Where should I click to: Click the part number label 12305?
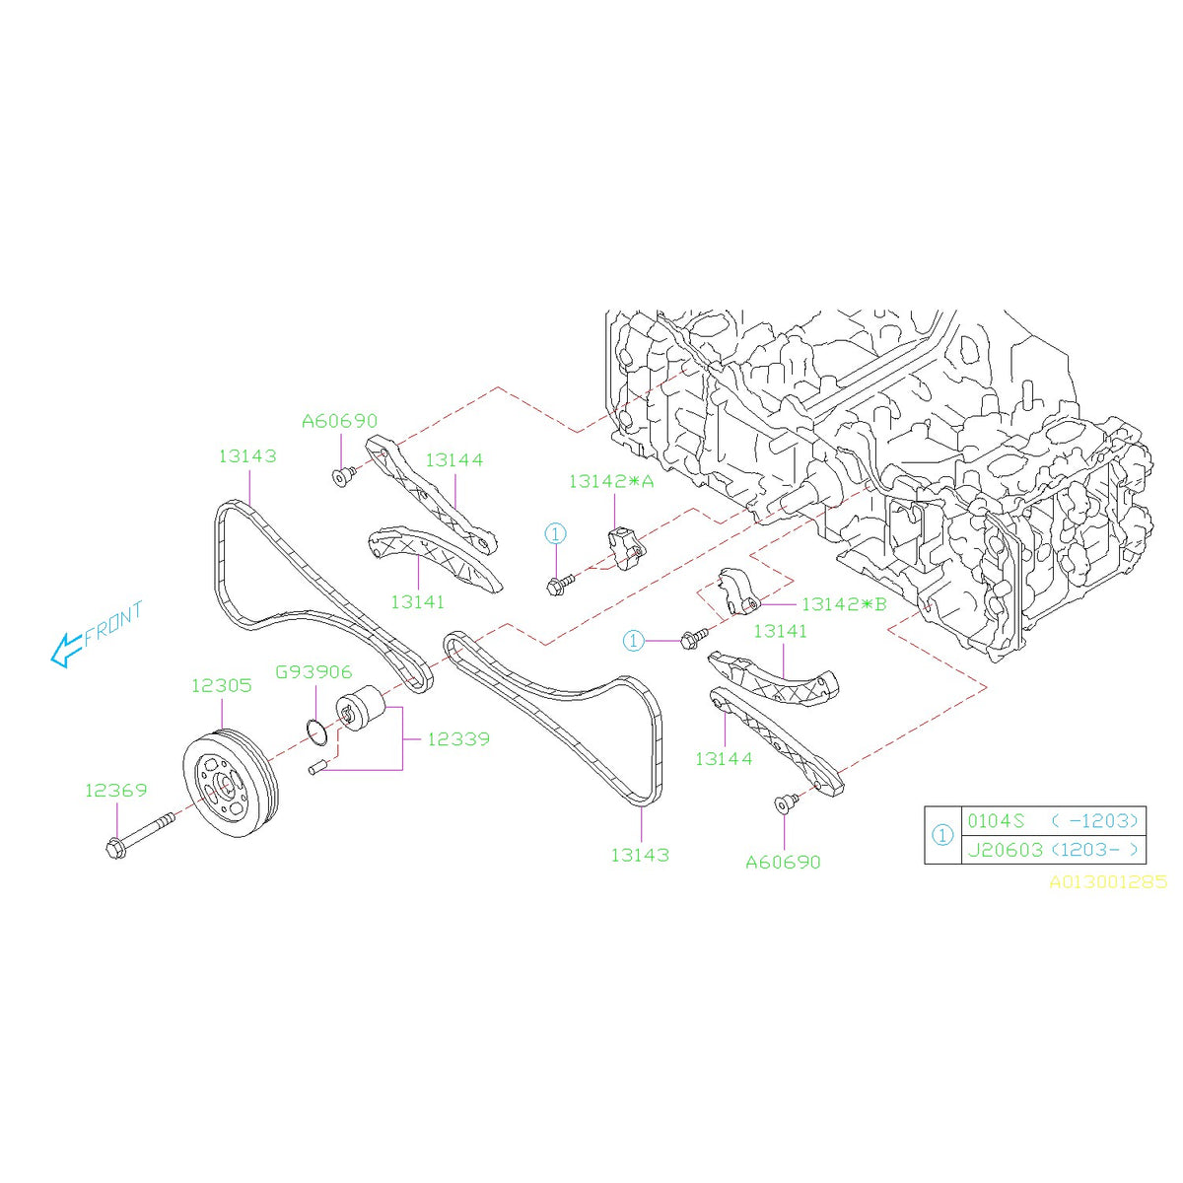click(x=221, y=685)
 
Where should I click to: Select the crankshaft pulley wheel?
click(x=233, y=776)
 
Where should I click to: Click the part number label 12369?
click(x=115, y=790)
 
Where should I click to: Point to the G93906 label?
click(x=313, y=672)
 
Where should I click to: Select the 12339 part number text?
click(x=457, y=738)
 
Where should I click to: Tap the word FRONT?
click(x=113, y=623)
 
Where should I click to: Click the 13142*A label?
click(x=611, y=481)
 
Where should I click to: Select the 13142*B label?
click(x=844, y=604)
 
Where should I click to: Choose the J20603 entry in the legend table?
click(x=1005, y=849)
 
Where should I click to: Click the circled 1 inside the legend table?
click(x=942, y=835)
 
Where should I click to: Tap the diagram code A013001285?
click(x=1107, y=882)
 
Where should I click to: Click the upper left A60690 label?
click(x=339, y=421)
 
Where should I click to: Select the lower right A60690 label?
click(x=783, y=862)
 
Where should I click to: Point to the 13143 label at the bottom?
click(x=639, y=855)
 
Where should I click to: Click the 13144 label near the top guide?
click(x=454, y=459)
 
